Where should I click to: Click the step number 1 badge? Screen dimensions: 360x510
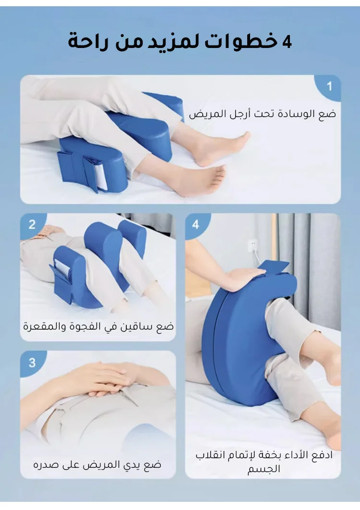(x=329, y=86)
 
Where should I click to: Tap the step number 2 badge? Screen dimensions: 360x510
(x=32, y=225)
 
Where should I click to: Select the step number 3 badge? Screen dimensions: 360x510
(x=32, y=362)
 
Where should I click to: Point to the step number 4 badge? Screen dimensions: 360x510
(x=196, y=225)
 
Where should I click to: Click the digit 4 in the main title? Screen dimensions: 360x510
(x=287, y=42)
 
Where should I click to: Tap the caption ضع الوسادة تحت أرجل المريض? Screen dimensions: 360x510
(x=262, y=114)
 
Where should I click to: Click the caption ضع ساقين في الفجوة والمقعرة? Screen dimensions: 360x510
(x=98, y=326)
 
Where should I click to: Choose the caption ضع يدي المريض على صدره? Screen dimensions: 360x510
(x=97, y=464)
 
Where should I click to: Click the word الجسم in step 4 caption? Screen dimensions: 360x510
(x=264, y=469)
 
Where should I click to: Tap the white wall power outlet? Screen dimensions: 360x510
(x=252, y=246)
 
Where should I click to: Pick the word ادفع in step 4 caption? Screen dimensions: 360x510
(x=322, y=455)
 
